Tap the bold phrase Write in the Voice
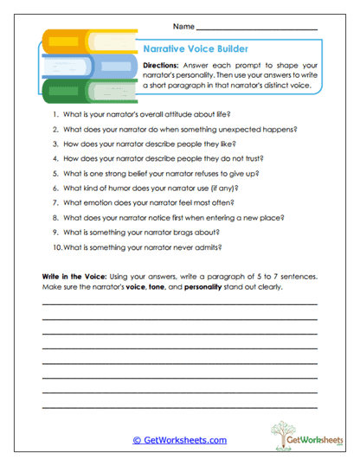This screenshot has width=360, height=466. tap(76, 278)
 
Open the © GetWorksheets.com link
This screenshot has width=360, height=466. tap(179, 440)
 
